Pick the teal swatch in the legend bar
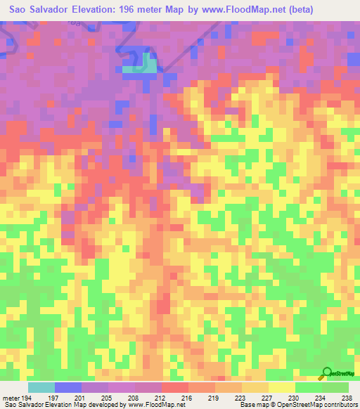tap(41, 387)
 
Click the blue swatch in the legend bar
tap(67, 387)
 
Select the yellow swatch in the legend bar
tap(281, 387)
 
